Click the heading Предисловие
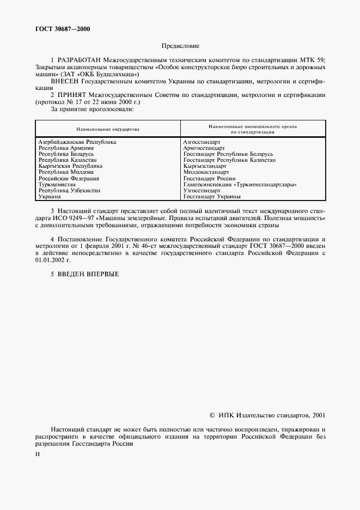point(180,47)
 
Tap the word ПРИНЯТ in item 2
point(72,95)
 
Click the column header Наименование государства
point(108,129)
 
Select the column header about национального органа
point(252,129)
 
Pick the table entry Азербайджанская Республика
point(77,142)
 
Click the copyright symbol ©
point(212,415)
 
